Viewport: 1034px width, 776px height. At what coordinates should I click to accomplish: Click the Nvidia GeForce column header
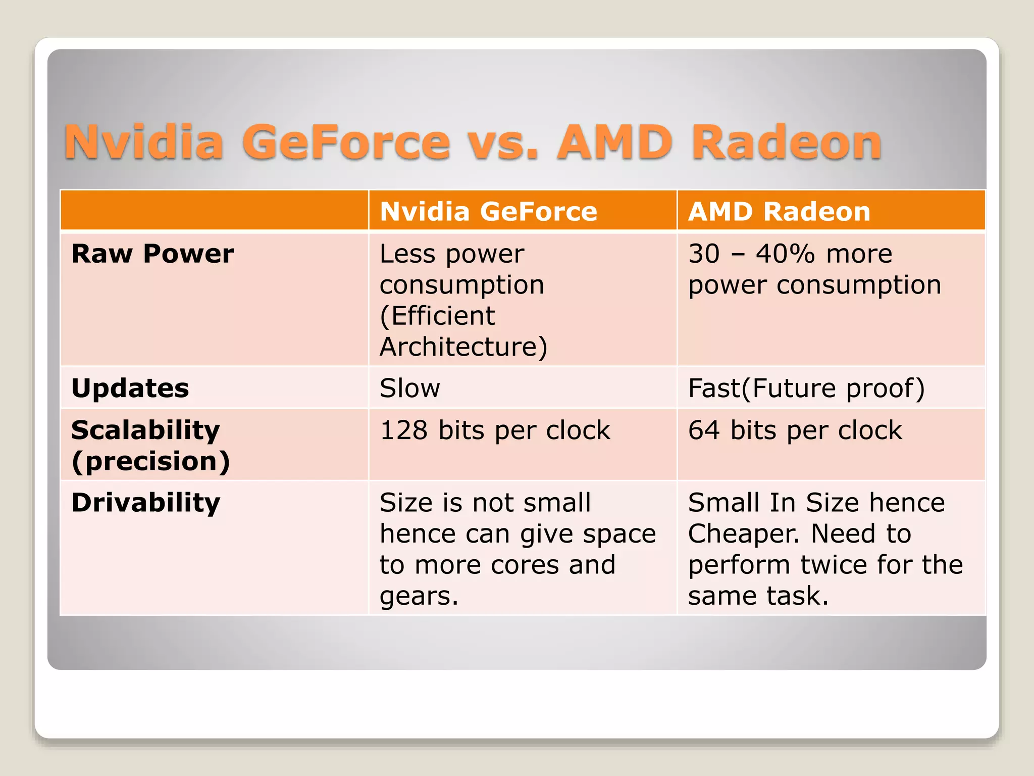coord(488,211)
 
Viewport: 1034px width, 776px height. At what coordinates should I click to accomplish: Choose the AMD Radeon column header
coord(779,211)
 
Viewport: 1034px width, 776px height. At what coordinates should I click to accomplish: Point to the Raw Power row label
coord(152,253)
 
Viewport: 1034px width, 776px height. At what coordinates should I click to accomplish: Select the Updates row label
coord(130,388)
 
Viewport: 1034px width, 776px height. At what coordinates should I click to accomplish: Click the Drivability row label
coord(146,502)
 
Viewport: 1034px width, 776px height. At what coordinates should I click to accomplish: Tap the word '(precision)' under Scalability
coord(150,461)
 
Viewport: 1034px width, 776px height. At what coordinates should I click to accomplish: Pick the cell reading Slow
coord(409,388)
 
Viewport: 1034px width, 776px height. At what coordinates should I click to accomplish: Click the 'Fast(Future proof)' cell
coord(806,388)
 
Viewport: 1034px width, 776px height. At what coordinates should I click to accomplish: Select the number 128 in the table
coord(403,430)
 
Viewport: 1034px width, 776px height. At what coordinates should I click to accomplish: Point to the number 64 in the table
coord(704,430)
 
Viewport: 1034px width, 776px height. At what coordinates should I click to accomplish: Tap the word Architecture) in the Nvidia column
coord(463,347)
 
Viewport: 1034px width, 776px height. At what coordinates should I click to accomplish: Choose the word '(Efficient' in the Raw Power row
coord(437,316)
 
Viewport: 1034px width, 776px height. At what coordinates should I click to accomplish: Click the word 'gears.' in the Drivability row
coord(419,596)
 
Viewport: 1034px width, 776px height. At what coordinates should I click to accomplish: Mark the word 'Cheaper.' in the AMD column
coord(744,533)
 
